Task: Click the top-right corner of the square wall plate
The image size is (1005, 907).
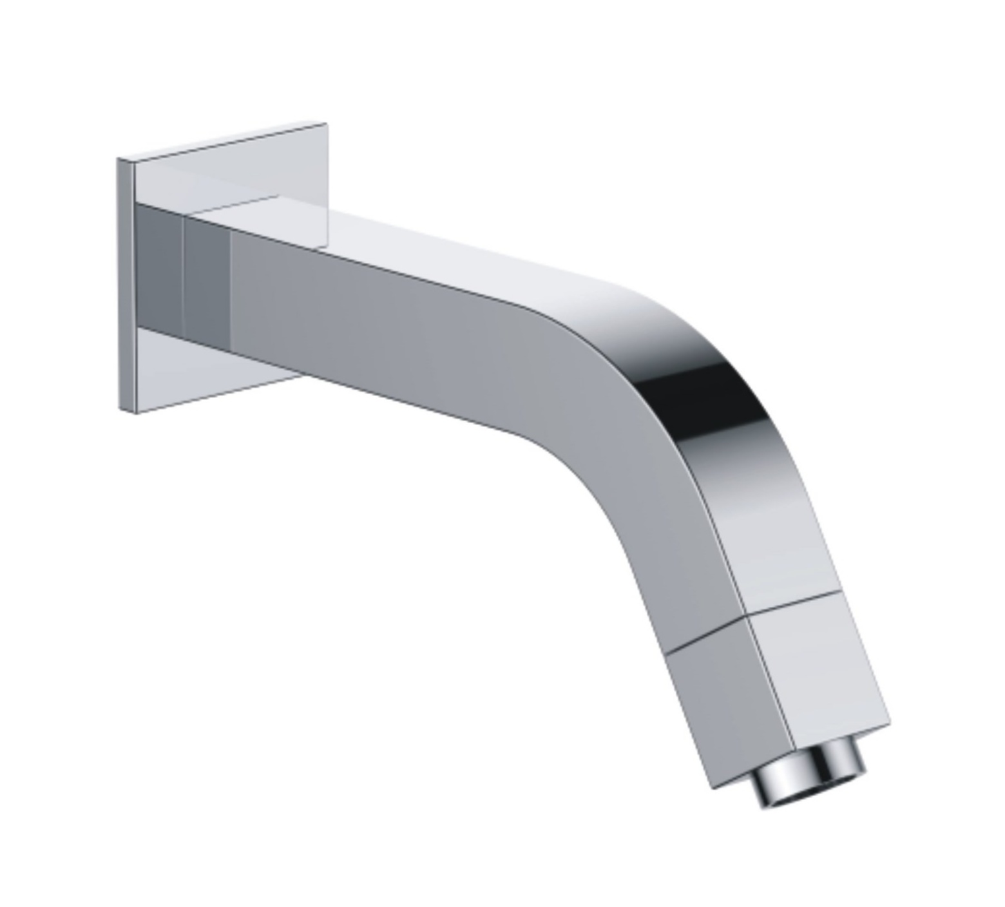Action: pyautogui.click(x=326, y=123)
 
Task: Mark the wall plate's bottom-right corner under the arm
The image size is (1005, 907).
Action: pyautogui.click(x=300, y=376)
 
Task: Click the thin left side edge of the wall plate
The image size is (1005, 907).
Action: pyautogui.click(x=126, y=283)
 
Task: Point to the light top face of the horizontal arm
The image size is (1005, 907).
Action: pyautogui.click(x=451, y=251)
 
